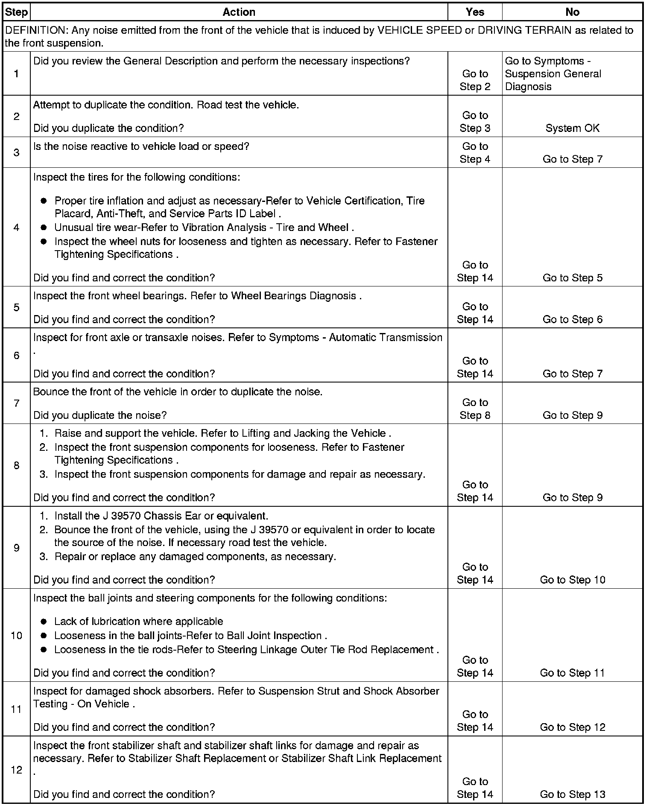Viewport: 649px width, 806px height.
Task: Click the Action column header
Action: click(x=239, y=12)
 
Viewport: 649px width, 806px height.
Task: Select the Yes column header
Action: click(x=475, y=12)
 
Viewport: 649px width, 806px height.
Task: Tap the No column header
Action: click(x=572, y=12)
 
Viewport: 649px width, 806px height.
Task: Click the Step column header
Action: click(x=16, y=12)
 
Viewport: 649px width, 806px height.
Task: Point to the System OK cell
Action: click(x=572, y=128)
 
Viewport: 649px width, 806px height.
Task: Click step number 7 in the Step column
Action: click(x=16, y=403)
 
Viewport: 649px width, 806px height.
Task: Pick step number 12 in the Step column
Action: click(x=16, y=770)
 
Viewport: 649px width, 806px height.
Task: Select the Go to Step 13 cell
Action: click(x=572, y=794)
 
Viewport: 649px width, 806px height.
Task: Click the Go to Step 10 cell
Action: click(x=572, y=580)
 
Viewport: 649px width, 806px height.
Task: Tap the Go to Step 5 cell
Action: click(x=572, y=278)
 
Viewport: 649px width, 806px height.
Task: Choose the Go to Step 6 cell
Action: click(x=572, y=319)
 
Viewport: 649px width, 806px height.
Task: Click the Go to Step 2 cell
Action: click(x=475, y=80)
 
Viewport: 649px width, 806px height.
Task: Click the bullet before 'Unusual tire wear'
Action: click(x=44, y=228)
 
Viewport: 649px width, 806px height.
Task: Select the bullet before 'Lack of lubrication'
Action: click(x=44, y=622)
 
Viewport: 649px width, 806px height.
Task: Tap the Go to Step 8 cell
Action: click(x=475, y=409)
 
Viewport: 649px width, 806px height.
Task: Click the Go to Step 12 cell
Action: click(x=572, y=727)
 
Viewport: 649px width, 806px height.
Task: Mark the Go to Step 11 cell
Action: click(x=572, y=673)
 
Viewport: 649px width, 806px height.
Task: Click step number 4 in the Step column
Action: click(x=16, y=227)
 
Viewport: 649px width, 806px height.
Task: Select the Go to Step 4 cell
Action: click(x=475, y=153)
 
